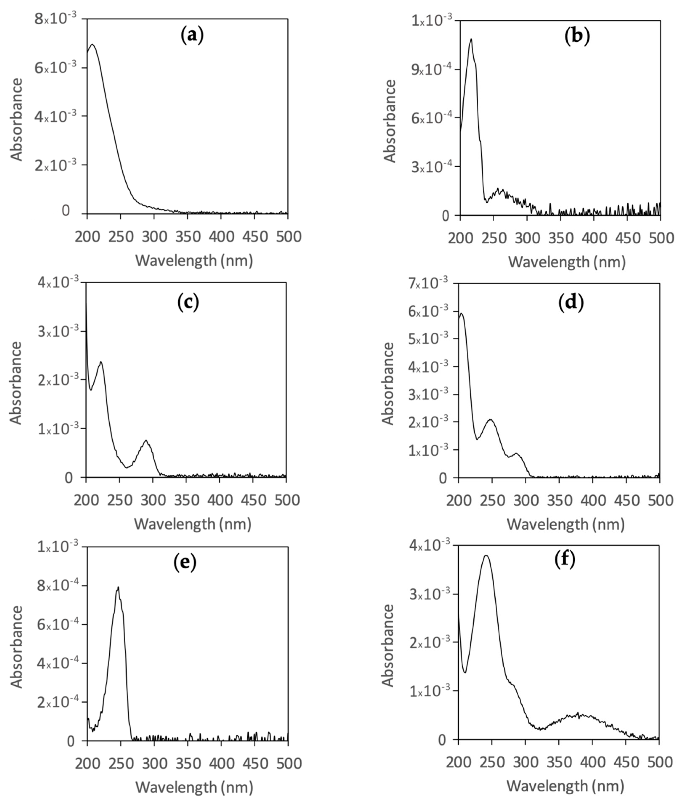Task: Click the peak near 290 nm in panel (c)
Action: point(146,440)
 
